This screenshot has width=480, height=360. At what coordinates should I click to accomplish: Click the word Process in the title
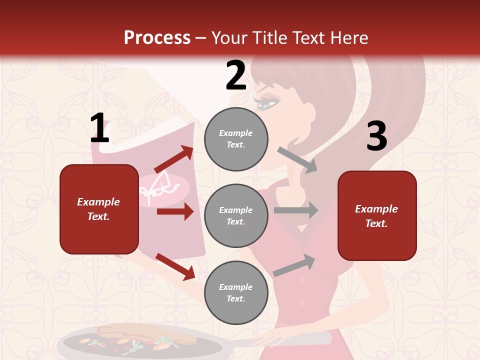[157, 38]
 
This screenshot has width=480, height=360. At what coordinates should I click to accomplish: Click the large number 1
[99, 128]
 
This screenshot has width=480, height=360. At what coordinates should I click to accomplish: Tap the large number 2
[236, 75]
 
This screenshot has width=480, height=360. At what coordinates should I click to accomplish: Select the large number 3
[376, 136]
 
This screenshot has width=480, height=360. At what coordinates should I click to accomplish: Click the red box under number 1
[99, 209]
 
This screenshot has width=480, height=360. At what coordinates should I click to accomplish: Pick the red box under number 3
[377, 215]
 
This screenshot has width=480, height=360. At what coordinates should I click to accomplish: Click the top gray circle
[236, 139]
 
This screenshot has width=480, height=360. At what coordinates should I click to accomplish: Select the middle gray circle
[236, 215]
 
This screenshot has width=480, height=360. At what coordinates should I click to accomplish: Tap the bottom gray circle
[236, 292]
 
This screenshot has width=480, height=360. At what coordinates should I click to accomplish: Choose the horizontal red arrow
[175, 211]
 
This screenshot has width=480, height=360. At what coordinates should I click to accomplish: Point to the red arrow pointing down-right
[175, 266]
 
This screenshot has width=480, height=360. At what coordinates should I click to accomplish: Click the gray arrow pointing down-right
[297, 160]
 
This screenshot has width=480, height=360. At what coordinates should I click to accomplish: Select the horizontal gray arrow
[296, 210]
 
